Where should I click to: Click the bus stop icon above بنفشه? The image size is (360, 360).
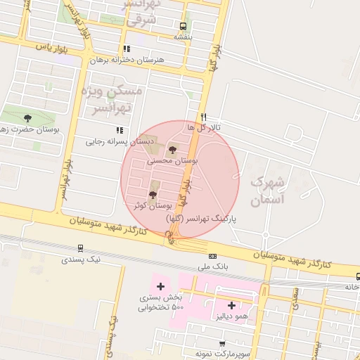pos(184,27)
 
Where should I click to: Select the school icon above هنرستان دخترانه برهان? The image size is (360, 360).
pos(127,49)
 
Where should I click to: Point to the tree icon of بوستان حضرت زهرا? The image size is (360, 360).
pos(27,118)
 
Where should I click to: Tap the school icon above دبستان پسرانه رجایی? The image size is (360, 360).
pos(120,130)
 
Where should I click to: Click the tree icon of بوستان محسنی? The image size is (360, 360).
pos(173,149)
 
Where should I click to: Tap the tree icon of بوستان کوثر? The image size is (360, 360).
pos(153,194)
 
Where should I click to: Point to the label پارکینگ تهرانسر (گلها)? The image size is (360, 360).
pos(201,219)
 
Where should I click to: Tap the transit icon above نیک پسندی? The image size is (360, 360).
pos(81,248)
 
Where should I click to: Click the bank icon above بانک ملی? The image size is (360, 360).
pos(213,256)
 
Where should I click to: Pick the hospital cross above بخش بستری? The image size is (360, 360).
pos(161,286)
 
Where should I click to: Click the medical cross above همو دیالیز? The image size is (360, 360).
pos(232,305)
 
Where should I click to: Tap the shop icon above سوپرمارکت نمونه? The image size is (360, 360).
pos(223,343)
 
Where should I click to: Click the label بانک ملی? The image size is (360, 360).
pos(214,268)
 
